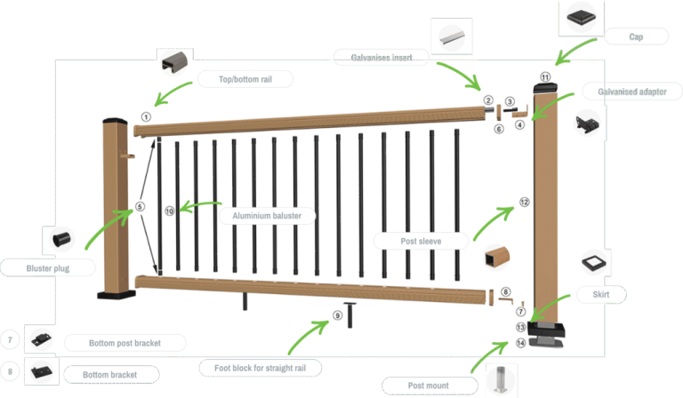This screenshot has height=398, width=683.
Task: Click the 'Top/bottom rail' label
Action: [245, 79]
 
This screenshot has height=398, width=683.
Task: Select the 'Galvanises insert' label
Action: [382, 58]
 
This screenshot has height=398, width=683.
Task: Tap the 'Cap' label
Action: [636, 36]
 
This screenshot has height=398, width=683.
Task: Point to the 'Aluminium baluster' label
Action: [267, 216]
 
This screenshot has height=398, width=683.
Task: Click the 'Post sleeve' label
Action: [421, 241]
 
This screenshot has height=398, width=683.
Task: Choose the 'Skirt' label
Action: [600, 294]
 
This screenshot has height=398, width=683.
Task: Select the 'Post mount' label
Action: [428, 386]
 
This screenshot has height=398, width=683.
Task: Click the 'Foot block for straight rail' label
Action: [260, 368]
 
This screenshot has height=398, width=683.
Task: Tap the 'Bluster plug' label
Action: [48, 268]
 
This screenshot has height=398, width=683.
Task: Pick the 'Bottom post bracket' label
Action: [125, 343]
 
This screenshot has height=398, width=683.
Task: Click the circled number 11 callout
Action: [545, 77]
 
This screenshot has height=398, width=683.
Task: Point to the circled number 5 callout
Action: [140, 207]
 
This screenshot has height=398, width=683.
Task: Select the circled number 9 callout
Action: [338, 315]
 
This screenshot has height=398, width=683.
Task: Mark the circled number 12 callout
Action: [525, 202]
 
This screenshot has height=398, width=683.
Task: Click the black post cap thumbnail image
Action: [581, 18]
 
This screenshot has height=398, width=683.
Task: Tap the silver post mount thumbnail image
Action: [501, 379]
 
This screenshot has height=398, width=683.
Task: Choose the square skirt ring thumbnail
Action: [594, 262]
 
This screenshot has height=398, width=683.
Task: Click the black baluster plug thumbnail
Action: [61, 239]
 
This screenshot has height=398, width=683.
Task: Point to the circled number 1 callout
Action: [146, 117]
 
